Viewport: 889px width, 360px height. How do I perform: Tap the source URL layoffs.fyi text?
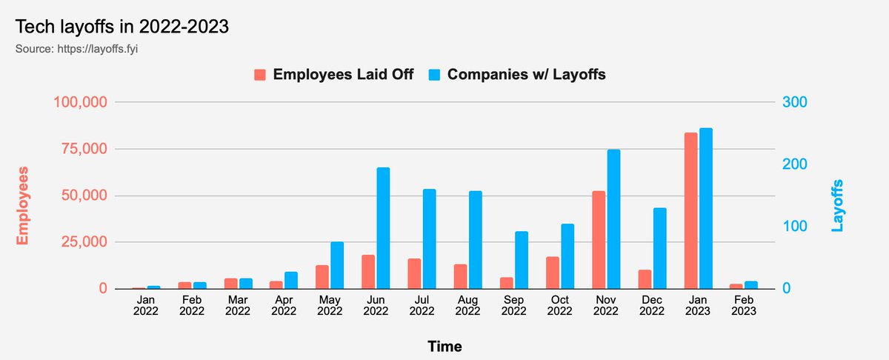(86, 50)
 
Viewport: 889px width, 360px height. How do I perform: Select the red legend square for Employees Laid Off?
(260, 75)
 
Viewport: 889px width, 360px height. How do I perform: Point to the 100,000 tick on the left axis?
(81, 102)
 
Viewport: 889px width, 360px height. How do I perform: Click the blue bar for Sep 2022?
(522, 260)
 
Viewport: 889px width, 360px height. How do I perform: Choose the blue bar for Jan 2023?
(706, 208)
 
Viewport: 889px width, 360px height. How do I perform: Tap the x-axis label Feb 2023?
(743, 306)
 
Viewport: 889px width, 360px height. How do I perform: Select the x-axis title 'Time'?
(444, 346)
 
